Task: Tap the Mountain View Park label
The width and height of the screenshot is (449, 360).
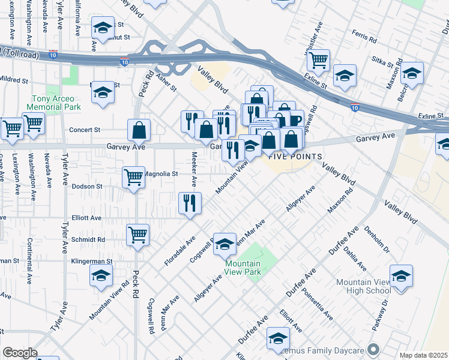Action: pyautogui.click(x=243, y=268)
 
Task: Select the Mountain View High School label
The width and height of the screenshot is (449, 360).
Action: pyautogui.click(x=363, y=286)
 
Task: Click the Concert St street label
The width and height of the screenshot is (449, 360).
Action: pyautogui.click(x=84, y=130)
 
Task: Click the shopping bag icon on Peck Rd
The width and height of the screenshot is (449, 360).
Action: pyautogui.click(x=139, y=129)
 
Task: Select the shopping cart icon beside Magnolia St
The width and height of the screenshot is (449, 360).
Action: pyautogui.click(x=133, y=176)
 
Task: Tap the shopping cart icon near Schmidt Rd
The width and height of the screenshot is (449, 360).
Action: pyautogui.click(x=138, y=235)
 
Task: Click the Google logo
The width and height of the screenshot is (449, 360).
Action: pyautogui.click(x=20, y=353)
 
